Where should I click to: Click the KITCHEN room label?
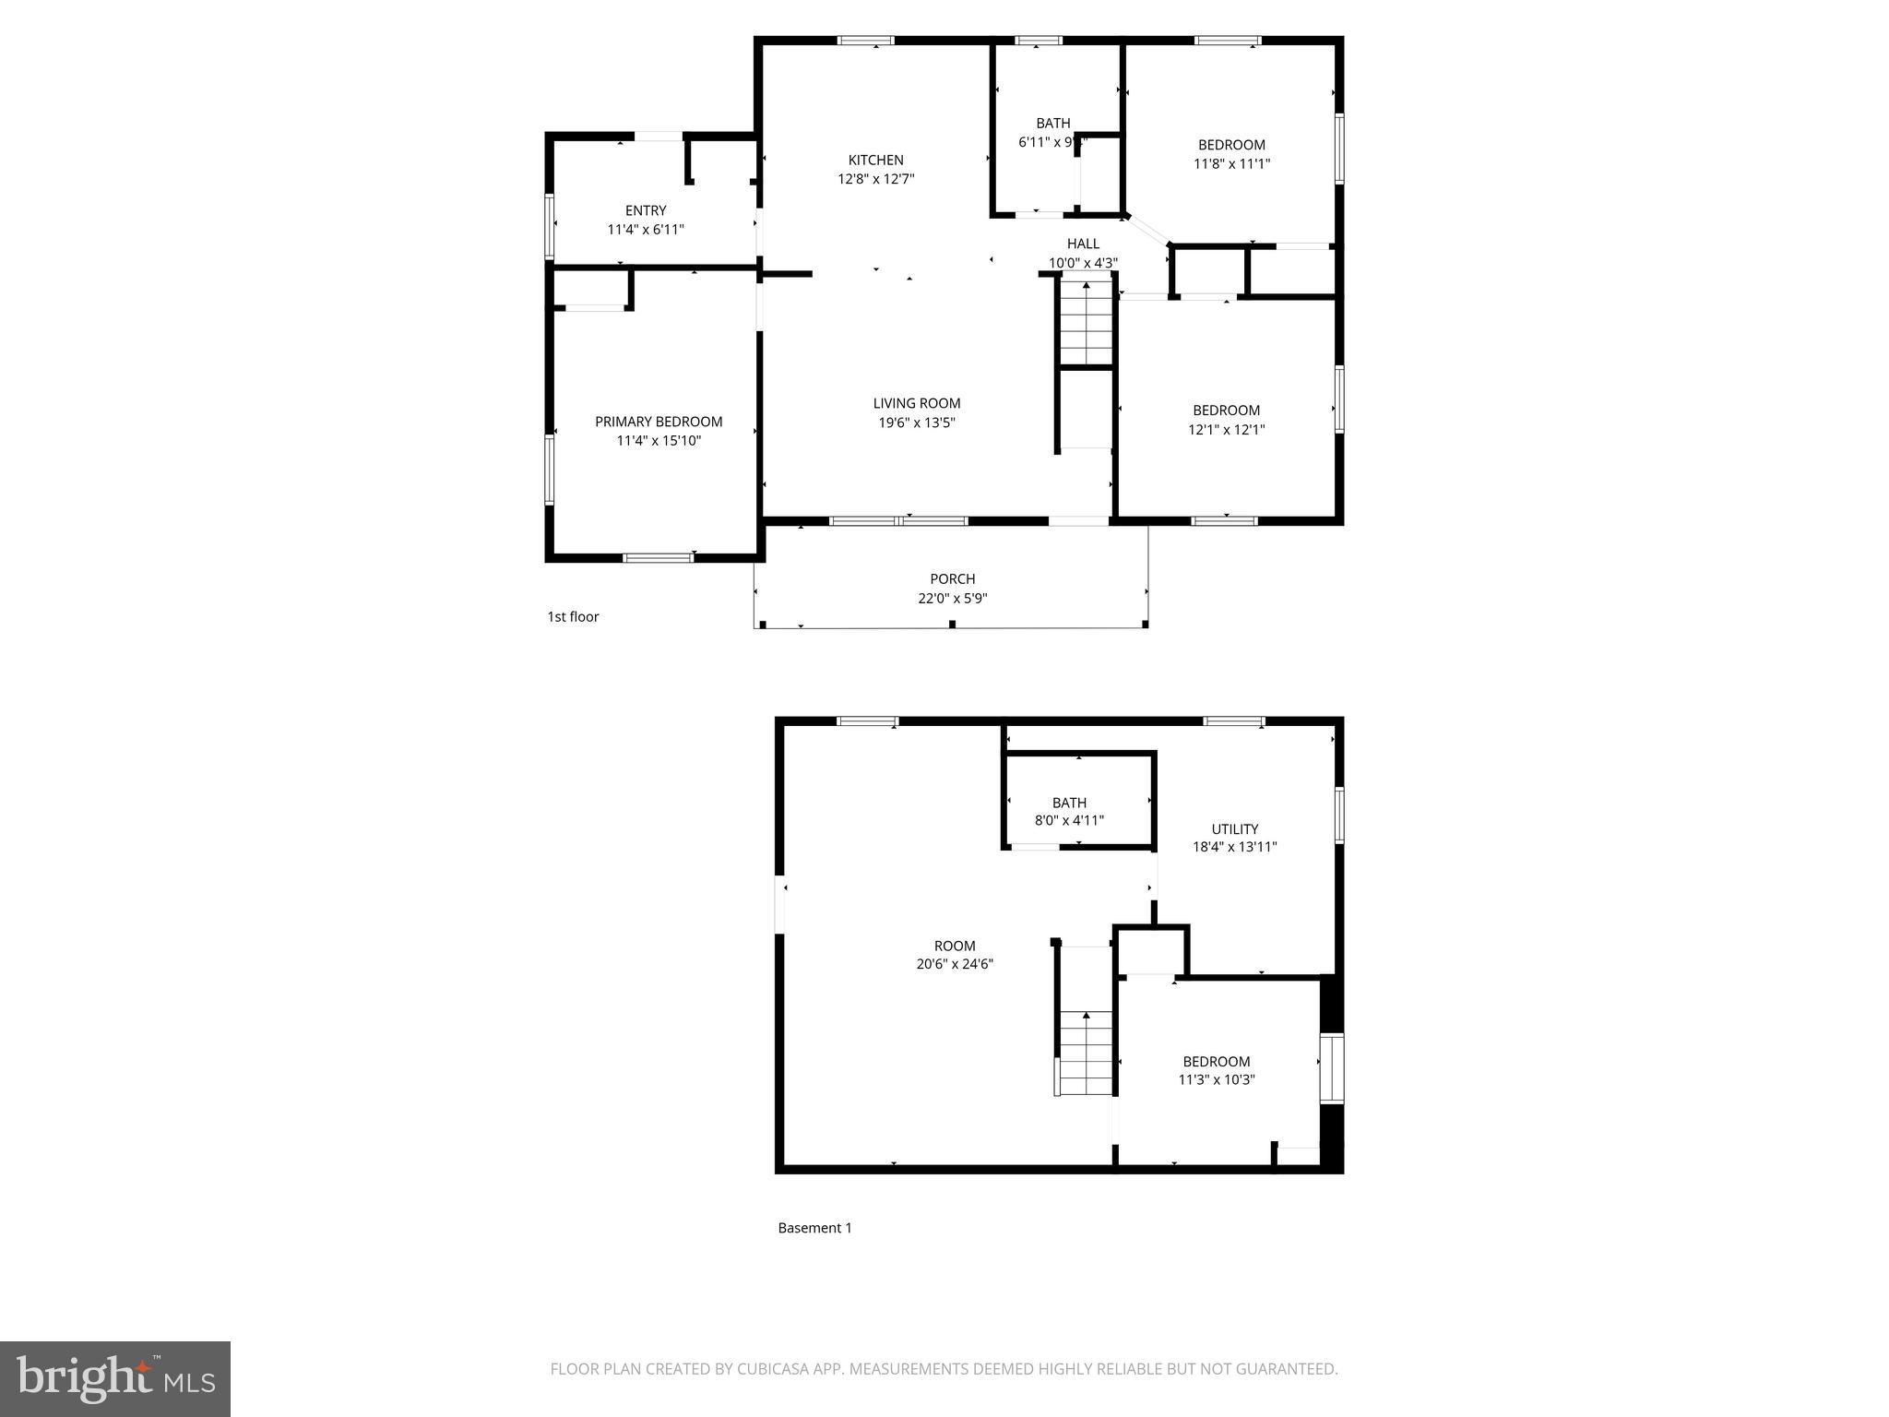(x=875, y=160)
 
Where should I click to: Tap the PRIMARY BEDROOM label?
(x=658, y=422)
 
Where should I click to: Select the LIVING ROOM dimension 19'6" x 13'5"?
(x=916, y=423)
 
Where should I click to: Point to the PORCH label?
(x=952, y=578)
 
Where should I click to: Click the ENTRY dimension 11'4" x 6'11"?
(x=645, y=230)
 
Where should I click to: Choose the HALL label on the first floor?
(x=1083, y=244)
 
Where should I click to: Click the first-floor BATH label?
(x=1052, y=123)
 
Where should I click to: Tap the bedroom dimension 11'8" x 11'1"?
(x=1231, y=164)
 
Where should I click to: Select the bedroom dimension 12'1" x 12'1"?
(x=1226, y=430)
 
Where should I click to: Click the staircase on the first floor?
(x=1086, y=323)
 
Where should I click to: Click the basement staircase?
(x=1086, y=1052)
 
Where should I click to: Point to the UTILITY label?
(x=1234, y=828)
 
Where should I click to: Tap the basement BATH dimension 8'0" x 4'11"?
(x=1069, y=820)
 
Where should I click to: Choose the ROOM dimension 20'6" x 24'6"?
(x=954, y=964)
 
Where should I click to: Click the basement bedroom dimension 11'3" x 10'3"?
(x=1216, y=1080)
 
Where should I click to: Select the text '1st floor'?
(x=573, y=616)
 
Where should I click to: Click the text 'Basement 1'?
(x=814, y=1228)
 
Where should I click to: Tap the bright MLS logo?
(x=115, y=1378)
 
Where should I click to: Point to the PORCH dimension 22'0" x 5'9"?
(x=952, y=598)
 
